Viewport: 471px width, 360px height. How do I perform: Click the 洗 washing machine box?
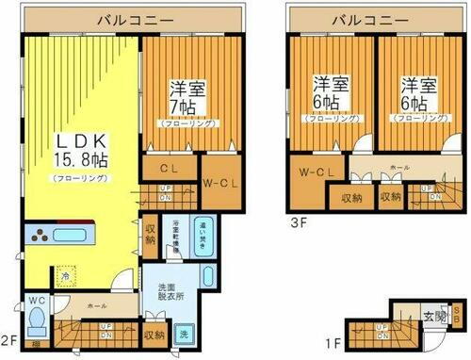(x=184, y=334)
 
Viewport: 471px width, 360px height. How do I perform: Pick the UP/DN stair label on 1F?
(x=382, y=330)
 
